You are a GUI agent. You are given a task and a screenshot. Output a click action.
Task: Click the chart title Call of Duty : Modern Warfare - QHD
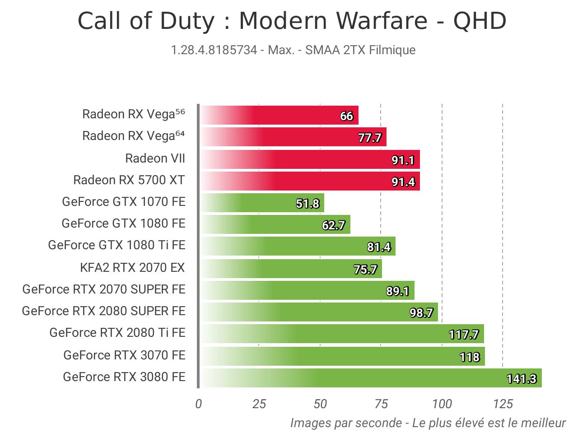pos(292,21)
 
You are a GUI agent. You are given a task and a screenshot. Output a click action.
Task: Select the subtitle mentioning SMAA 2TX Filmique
pos(293,50)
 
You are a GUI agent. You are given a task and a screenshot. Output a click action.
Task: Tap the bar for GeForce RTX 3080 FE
pos(370,378)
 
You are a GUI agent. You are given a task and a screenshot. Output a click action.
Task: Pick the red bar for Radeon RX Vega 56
pos(279,115)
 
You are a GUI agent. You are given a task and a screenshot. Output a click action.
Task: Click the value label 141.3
pos(522,379)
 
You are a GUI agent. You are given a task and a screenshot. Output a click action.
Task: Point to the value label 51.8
pos(307,204)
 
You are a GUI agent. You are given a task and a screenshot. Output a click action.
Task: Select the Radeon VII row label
pos(155,158)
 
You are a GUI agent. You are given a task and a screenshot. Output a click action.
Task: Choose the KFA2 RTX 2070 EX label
pos(132,268)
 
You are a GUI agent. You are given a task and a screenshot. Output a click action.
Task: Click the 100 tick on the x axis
pos(442,404)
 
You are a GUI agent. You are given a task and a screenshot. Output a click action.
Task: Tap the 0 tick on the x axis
pos(199,404)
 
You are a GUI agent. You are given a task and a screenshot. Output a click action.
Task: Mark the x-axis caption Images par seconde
pos(428,423)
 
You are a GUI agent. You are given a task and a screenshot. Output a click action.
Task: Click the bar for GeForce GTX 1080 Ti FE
pos(298,246)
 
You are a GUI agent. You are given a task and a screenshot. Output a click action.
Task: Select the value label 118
pos(470,357)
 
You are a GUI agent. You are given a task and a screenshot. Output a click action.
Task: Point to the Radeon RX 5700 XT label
pos(129,180)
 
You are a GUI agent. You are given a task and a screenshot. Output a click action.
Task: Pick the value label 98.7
pos(421,313)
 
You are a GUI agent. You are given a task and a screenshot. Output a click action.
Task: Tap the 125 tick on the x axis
pos(503,404)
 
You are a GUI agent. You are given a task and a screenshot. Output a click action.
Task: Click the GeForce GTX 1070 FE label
pos(124,201)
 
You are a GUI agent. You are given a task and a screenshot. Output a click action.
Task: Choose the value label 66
pos(346,116)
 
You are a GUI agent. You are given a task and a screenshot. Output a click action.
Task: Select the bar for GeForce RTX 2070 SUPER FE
pos(307,290)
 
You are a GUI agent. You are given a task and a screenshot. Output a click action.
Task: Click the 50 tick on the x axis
pos(320,404)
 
